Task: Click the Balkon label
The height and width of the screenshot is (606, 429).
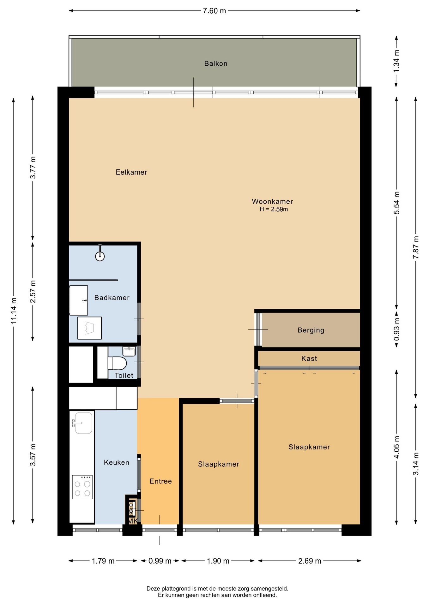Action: (x=216, y=63)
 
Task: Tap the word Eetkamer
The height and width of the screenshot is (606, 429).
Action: (x=131, y=172)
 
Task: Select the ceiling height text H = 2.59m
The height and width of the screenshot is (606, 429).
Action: (x=274, y=209)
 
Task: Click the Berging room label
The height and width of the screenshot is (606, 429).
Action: (x=311, y=330)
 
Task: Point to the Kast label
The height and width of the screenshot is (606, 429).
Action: (x=309, y=359)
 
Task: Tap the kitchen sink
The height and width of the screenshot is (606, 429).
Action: (x=83, y=423)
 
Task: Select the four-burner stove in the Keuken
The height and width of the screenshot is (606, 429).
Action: (x=82, y=487)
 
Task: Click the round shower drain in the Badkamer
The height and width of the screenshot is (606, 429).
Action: (x=100, y=256)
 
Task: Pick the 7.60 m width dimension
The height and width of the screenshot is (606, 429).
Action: (x=214, y=11)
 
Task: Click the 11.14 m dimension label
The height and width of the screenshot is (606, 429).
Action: (x=14, y=311)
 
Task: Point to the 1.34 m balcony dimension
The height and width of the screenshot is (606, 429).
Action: (x=396, y=61)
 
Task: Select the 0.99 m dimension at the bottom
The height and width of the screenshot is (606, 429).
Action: (x=160, y=561)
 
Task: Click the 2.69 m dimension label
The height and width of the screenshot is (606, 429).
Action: (x=310, y=561)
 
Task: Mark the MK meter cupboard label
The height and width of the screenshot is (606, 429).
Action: (x=133, y=521)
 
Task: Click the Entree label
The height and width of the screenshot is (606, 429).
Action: (x=161, y=481)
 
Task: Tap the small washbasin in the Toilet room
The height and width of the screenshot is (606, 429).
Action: (x=129, y=351)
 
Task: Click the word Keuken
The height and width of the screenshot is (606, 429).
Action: (x=117, y=462)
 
